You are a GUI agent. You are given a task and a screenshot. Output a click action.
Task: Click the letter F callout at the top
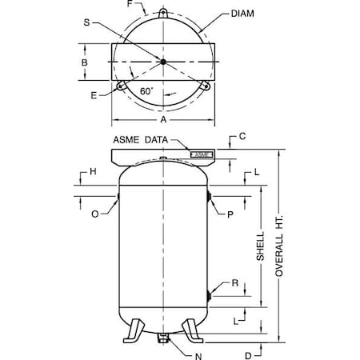[x=131, y=6]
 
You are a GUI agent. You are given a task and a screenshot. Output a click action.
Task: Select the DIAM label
[x=245, y=14]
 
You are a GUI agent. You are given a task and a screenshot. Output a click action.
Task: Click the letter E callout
[x=97, y=94]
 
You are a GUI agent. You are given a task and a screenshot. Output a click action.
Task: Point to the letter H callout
[x=94, y=172]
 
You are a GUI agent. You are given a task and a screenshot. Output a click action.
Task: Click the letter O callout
[x=97, y=214]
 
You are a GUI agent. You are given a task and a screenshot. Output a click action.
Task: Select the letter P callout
[x=230, y=214]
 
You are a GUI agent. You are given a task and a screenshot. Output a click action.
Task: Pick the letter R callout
[x=235, y=282]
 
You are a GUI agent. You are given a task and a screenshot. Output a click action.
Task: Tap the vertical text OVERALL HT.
[x=279, y=248]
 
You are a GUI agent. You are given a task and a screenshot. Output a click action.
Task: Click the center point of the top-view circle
[x=162, y=62]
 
